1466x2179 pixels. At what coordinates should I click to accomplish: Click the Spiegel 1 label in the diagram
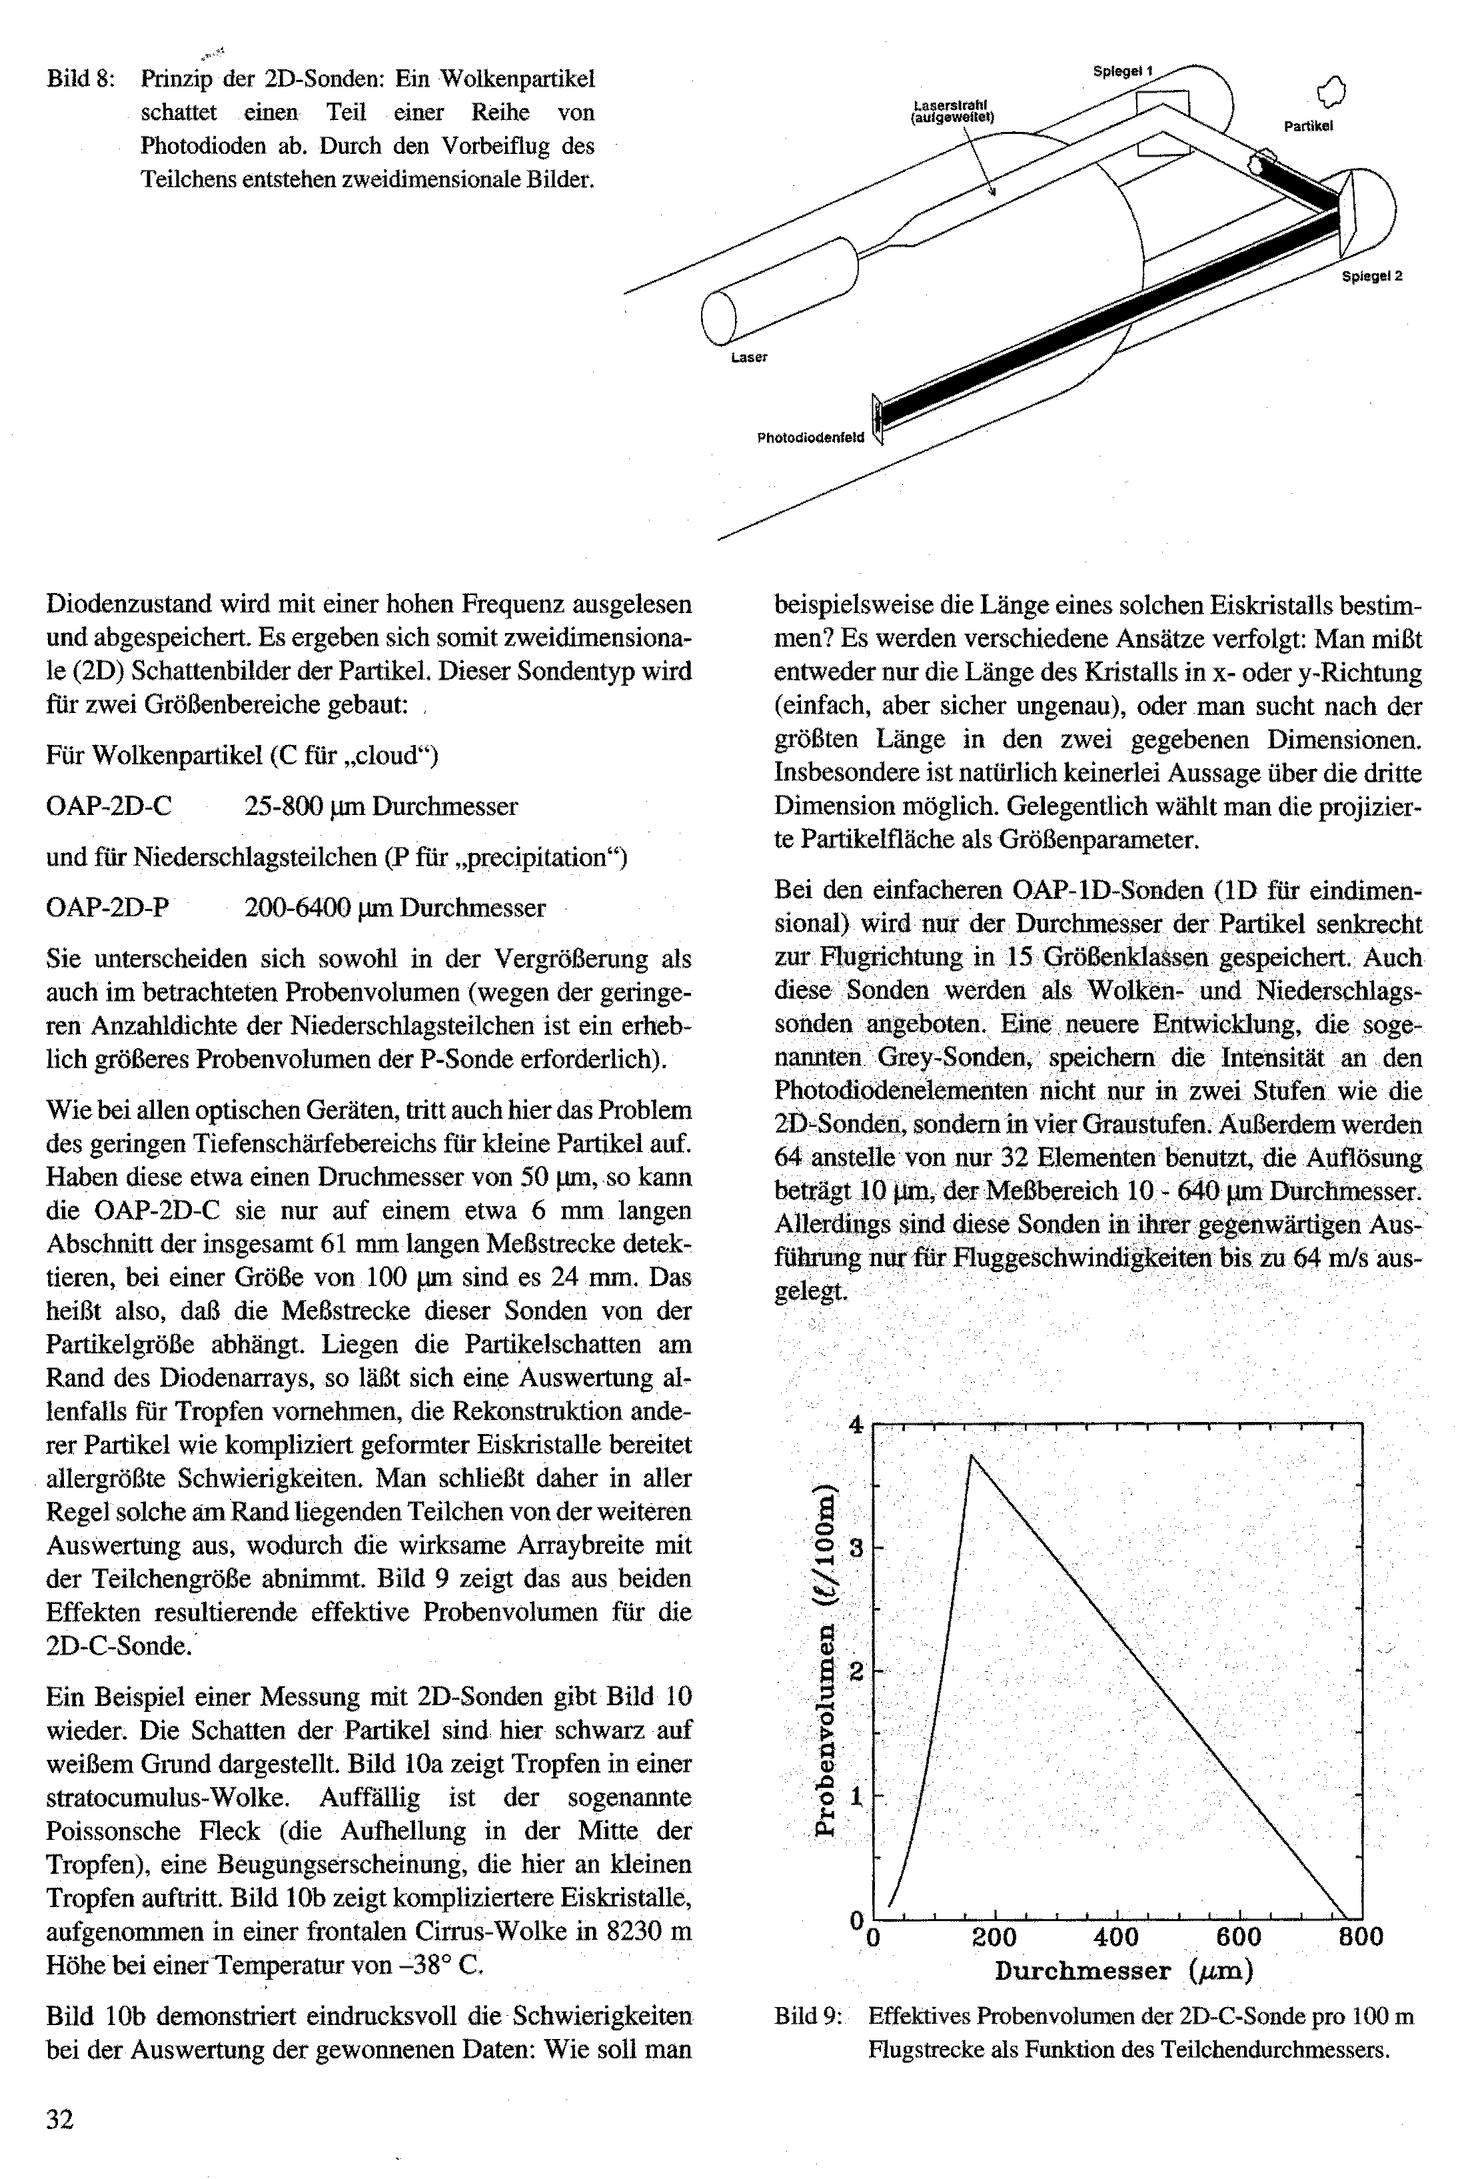pos(1123,71)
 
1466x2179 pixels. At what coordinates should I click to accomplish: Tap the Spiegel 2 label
pos(1371,277)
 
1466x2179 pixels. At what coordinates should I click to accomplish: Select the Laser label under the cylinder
pos(749,358)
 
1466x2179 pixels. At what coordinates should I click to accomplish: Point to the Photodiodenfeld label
pos(810,438)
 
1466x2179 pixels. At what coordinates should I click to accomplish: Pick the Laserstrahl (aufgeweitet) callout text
pos(952,111)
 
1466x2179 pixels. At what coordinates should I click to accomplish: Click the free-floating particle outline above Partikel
pos(1331,91)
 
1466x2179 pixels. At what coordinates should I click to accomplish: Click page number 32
pos(60,2119)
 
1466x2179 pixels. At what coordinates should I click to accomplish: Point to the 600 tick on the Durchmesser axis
pos(1239,1937)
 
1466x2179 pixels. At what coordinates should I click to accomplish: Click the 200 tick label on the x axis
pos(994,1937)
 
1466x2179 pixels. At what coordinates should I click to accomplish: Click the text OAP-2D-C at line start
pos(109,807)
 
